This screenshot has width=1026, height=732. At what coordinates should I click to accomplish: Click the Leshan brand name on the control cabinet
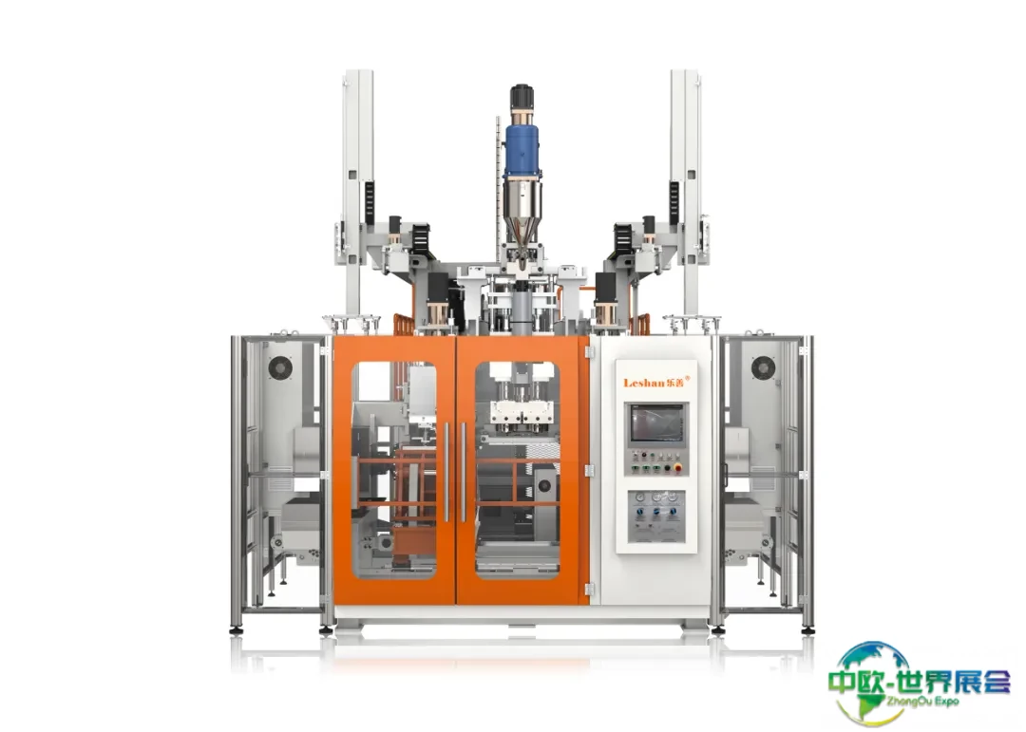[644, 383]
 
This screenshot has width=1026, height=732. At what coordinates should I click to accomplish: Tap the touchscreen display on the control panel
[656, 423]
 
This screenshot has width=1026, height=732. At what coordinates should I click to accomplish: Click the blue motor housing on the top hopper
[522, 150]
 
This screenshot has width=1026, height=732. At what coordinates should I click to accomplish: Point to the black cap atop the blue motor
[522, 97]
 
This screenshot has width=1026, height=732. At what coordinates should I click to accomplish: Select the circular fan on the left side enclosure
[280, 367]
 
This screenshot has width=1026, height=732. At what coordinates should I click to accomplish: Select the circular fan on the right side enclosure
[763, 367]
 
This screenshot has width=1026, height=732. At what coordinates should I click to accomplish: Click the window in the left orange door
[394, 470]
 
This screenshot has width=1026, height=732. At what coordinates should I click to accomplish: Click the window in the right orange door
[517, 470]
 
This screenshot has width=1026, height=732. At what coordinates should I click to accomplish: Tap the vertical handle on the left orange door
[446, 472]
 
